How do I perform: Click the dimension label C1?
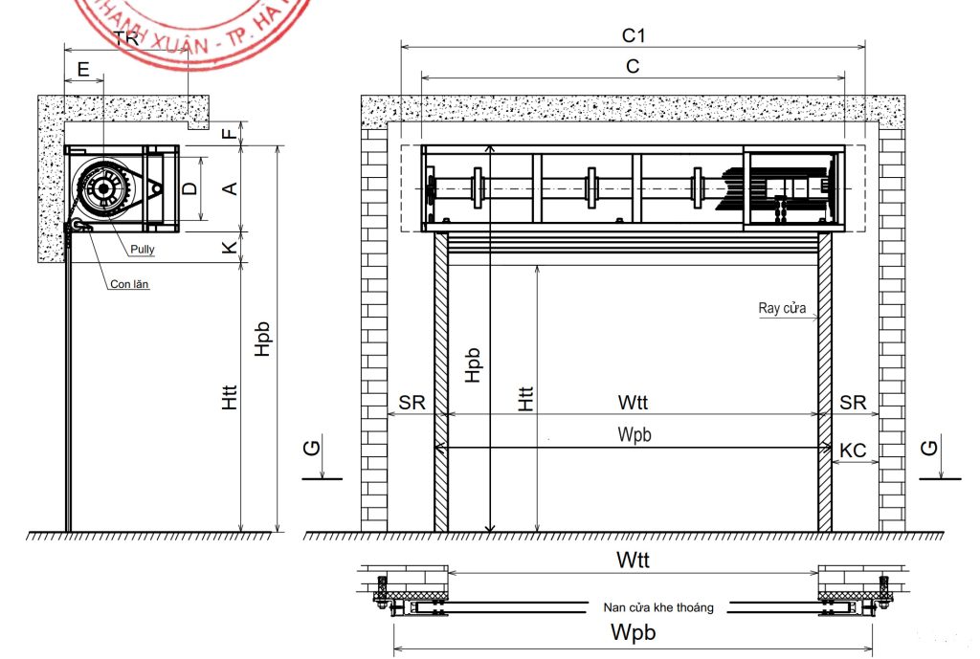634,36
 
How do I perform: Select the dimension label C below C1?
633,66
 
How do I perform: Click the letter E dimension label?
83,69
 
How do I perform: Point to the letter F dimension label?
229,134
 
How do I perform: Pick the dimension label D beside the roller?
190,188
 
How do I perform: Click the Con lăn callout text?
129,284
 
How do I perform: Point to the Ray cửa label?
782,309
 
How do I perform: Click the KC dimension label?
853,449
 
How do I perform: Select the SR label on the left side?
412,404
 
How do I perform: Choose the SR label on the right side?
853,404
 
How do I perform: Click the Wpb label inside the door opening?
634,435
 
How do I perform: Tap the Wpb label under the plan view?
633,632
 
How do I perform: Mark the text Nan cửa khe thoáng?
658,606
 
